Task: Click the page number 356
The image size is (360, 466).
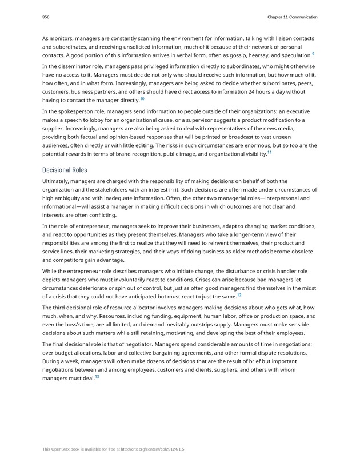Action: (x=46, y=17)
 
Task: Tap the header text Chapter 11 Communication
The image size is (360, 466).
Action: (x=292, y=17)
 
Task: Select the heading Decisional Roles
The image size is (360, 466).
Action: (x=65, y=170)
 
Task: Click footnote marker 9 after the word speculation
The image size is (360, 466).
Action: (x=313, y=53)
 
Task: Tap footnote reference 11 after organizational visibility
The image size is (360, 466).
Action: (x=269, y=153)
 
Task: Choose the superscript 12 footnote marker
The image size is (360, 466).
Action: (x=239, y=295)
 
